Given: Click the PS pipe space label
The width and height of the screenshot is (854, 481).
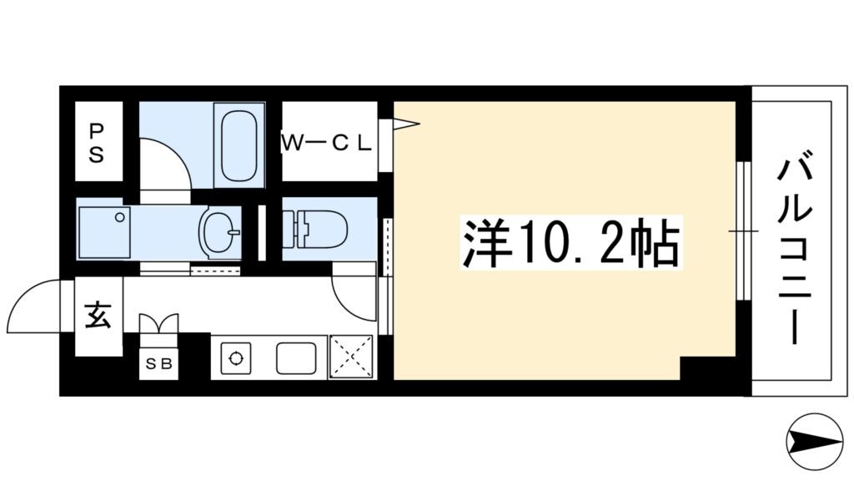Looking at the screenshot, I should point(98,142).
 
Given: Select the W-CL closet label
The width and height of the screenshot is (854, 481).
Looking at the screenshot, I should point(326,143).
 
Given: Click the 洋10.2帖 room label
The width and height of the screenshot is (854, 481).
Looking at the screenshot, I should point(571,242).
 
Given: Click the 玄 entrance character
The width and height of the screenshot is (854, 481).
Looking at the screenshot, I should point(98,318).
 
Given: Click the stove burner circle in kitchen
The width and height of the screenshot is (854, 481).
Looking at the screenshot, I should point(236,360).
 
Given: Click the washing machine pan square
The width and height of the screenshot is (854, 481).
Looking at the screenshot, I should point(105,232).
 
